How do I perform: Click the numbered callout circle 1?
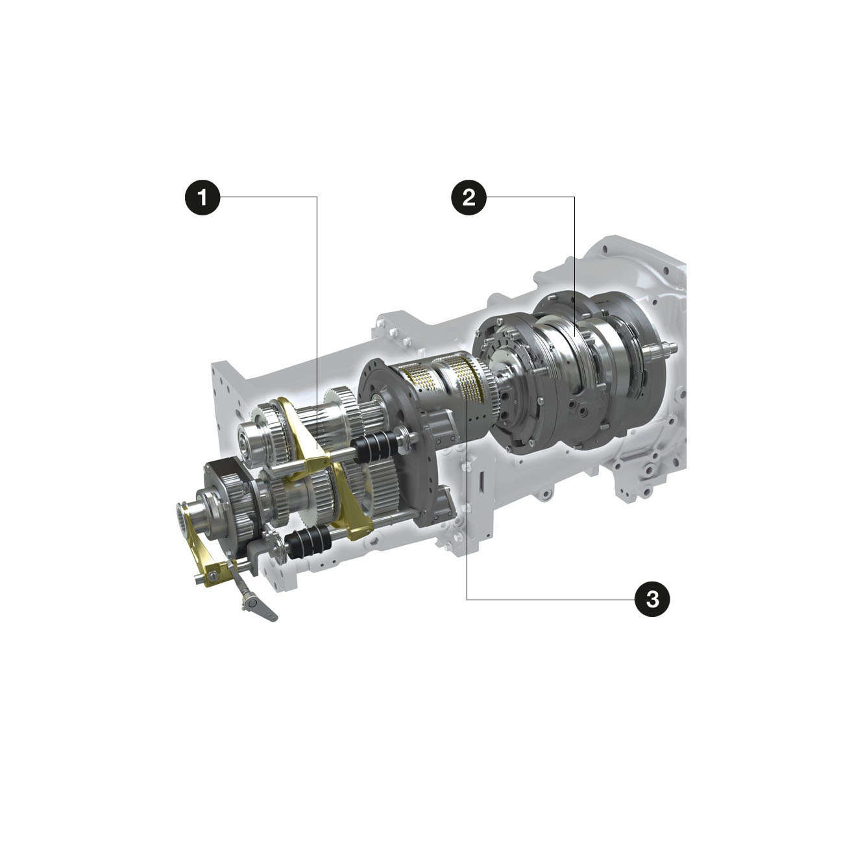202,197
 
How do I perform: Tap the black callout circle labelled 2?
469,197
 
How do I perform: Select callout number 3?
652,599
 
